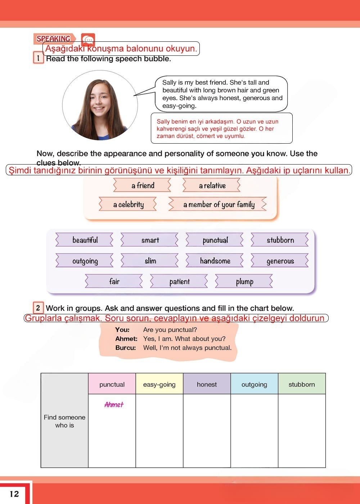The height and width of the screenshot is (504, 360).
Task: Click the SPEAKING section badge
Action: tap(54, 39)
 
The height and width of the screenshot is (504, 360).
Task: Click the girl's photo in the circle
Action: tap(100, 105)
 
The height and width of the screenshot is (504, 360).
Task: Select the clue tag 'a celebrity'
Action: tap(128, 204)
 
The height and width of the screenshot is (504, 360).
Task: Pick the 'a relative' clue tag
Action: tap(212, 186)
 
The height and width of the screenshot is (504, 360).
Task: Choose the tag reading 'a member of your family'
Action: tap(219, 204)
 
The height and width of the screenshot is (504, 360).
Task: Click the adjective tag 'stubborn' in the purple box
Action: tap(280, 240)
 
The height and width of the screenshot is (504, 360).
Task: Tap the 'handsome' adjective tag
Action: tap(215, 261)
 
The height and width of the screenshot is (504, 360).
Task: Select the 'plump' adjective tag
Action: tap(244, 282)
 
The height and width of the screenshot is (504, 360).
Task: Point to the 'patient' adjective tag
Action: tap(179, 282)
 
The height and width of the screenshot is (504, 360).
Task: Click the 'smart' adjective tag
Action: tap(150, 240)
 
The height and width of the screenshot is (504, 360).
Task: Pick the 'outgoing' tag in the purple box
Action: tap(85, 261)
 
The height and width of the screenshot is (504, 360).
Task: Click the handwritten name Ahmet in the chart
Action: tap(114, 405)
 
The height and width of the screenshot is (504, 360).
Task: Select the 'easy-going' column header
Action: tap(159, 384)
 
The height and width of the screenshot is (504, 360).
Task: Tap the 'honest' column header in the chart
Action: tap(207, 384)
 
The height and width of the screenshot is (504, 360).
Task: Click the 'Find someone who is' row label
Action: tap(64, 421)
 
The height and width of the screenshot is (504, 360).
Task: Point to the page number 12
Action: tap(14, 494)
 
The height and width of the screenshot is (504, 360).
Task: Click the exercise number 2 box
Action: tap(38, 308)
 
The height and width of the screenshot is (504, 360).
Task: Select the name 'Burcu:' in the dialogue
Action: tap(126, 348)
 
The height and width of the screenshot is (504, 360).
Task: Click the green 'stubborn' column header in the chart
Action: tap(302, 384)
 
